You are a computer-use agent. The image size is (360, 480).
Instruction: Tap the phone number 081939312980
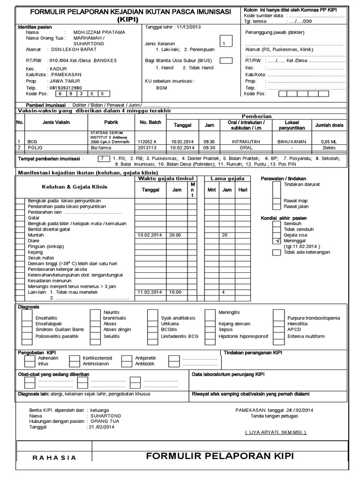pyautogui.click(x=65, y=88)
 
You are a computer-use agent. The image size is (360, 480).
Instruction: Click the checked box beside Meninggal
pyautogui.click(x=277, y=240)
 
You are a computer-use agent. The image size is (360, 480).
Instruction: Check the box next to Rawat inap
pyautogui.click(x=277, y=201)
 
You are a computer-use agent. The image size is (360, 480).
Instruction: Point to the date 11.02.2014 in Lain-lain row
pyautogui.click(x=150, y=292)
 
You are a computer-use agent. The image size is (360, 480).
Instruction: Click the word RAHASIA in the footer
pyautogui.click(x=54, y=458)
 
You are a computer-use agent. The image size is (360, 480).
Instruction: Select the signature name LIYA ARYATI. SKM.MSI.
pyautogui.click(x=276, y=432)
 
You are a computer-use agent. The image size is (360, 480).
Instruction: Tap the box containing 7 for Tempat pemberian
pyautogui.click(x=101, y=158)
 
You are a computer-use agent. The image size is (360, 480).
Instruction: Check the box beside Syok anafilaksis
pyautogui.click(x=152, y=317)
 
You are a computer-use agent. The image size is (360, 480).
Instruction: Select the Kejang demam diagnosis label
pyautogui.click(x=234, y=323)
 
